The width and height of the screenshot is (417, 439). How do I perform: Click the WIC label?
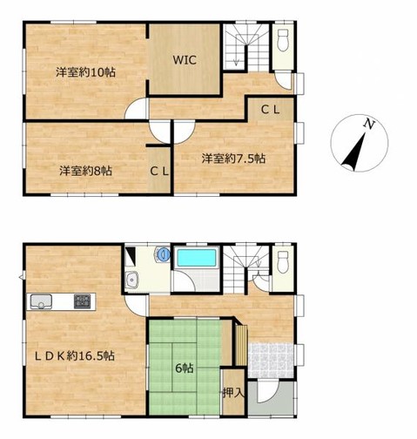185,60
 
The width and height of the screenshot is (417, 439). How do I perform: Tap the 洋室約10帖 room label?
85,72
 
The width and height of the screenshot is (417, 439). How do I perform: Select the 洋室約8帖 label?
85,171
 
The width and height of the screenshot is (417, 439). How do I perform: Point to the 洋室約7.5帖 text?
233,159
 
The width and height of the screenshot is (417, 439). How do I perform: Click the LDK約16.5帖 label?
75,355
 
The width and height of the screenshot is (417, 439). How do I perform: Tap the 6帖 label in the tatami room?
185,368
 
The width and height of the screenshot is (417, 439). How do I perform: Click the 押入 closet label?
233,393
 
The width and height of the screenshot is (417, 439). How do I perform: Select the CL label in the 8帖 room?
159,172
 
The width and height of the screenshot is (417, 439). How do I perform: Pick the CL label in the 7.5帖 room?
270,110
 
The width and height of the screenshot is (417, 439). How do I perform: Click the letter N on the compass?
369,124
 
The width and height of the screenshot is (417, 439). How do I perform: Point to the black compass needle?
353,152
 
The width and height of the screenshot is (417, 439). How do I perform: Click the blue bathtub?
197,258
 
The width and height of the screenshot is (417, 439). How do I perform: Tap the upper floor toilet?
283,41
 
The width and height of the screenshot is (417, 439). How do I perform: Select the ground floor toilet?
283,262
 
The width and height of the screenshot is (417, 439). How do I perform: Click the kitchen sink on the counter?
41,301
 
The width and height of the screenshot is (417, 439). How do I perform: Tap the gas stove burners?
82,301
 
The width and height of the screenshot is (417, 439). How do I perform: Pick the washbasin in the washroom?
133,280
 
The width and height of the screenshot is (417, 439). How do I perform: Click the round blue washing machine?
163,254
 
